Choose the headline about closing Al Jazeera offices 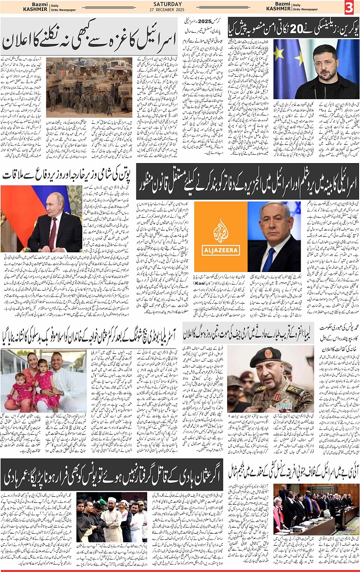coord(248,179)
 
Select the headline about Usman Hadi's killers coord(112,474)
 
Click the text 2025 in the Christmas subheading coord(203,21)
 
